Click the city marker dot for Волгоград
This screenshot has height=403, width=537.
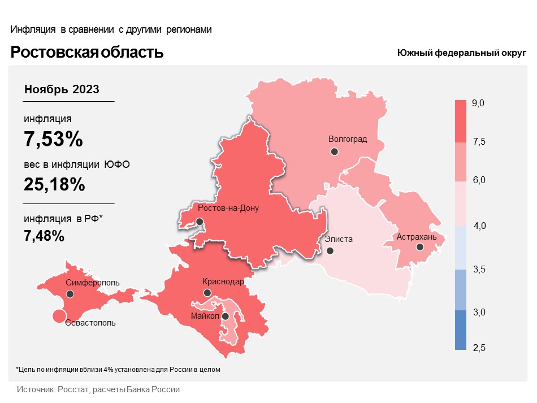click(x=335, y=151)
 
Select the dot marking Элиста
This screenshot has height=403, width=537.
click(x=330, y=250)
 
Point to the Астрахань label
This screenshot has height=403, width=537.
click(x=417, y=237)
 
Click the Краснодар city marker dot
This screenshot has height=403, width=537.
click(x=207, y=293)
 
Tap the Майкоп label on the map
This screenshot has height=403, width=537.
click(x=205, y=315)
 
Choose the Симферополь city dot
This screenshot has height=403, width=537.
click(x=70, y=294)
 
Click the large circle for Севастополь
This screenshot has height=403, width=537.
click(x=58, y=317)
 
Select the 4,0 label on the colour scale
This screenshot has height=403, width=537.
click(x=479, y=226)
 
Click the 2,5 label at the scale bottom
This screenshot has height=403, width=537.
click(x=479, y=346)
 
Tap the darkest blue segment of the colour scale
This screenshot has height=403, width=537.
click(x=461, y=330)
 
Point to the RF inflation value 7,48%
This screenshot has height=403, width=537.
click(x=44, y=236)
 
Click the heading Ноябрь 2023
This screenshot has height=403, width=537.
click(x=62, y=89)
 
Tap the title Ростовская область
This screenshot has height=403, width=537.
click(x=88, y=53)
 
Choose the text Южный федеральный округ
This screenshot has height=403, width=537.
click(x=461, y=53)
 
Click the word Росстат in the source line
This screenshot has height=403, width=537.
click(x=71, y=390)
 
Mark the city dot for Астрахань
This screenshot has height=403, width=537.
click(x=419, y=247)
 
